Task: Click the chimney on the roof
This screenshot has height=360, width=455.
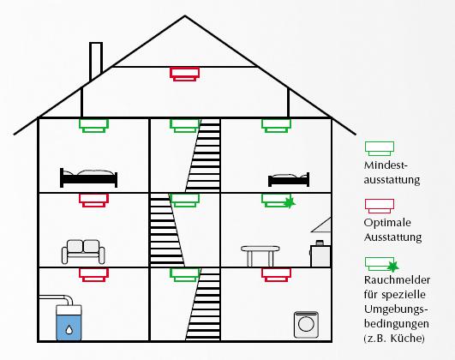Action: pyautogui.click(x=96, y=61)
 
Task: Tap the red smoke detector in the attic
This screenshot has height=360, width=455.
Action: pyautogui.click(x=184, y=74)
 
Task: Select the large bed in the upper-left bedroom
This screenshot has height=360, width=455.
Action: pyautogui.click(x=88, y=178)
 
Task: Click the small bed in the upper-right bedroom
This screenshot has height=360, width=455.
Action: pyautogui.click(x=289, y=180)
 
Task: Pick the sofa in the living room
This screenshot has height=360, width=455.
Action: pyautogui.click(x=83, y=252)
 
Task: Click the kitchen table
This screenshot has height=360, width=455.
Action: pyautogui.click(x=260, y=255)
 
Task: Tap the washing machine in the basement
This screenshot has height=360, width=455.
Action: pyautogui.click(x=306, y=325)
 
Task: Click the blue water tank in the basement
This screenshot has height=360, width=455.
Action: pyautogui.click(x=69, y=322)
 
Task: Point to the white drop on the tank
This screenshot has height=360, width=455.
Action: pyautogui.click(x=69, y=329)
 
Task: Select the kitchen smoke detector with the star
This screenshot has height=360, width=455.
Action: pyautogui.click(x=278, y=201)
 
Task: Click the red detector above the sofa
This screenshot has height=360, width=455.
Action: pyautogui.click(x=93, y=201)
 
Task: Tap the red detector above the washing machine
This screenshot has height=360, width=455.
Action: pyautogui.click(x=276, y=274)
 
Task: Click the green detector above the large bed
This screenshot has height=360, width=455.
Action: pyautogui.click(x=93, y=126)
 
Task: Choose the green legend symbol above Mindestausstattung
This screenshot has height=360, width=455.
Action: pyautogui.click(x=380, y=148)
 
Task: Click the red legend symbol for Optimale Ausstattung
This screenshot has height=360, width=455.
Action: pyautogui.click(x=380, y=206)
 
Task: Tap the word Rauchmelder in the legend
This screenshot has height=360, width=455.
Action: pyautogui.click(x=397, y=280)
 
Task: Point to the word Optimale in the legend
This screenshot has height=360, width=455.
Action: pyautogui.click(x=387, y=223)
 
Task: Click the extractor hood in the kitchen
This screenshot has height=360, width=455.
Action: pyautogui.click(x=321, y=225)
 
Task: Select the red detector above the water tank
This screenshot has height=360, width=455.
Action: pyautogui.click(x=93, y=274)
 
